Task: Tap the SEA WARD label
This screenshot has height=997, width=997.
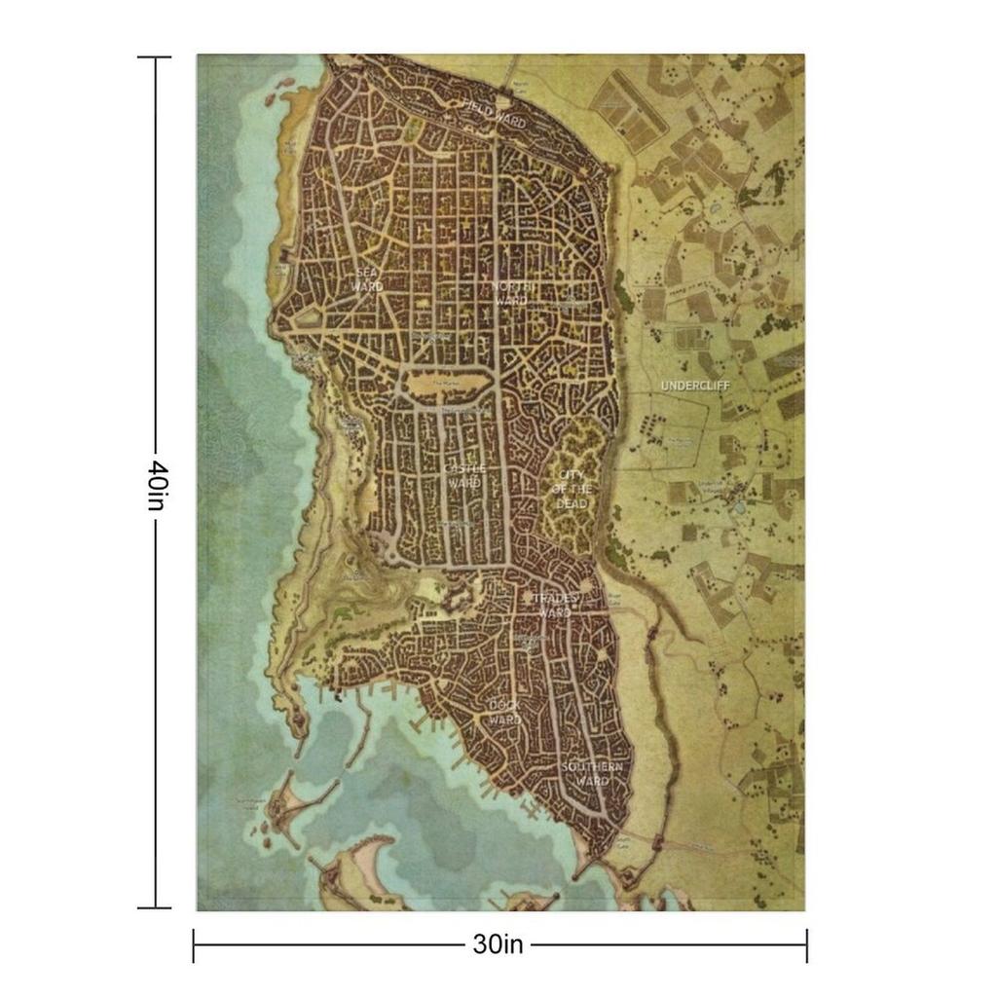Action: tap(367, 280)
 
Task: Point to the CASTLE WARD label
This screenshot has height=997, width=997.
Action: tap(464, 476)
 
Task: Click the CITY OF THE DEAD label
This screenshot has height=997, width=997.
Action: tap(572, 490)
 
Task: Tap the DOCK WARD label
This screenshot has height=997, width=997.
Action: tap(504, 712)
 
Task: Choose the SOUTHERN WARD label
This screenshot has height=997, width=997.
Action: tap(592, 774)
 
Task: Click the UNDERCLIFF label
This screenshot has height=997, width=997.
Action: tap(695, 387)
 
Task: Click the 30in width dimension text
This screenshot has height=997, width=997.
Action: tap(498, 943)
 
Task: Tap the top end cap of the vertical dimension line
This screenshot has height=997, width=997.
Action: tap(154, 57)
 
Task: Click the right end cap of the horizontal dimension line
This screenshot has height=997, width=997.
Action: tap(806, 944)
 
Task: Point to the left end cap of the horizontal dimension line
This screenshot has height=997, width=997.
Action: tap(194, 944)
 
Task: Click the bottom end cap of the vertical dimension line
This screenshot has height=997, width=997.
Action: tap(154, 907)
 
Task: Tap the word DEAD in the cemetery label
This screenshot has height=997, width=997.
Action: tap(572, 503)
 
